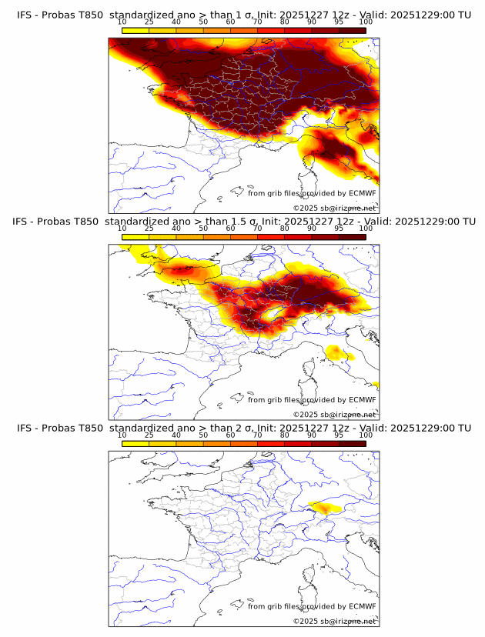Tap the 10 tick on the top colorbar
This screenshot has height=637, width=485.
point(122,22)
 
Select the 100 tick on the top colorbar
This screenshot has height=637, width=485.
point(366,22)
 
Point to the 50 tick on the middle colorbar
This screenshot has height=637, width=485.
point(203,229)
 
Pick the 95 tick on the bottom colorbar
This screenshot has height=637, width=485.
point(339,435)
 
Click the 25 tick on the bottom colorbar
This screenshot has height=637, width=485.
point(149,435)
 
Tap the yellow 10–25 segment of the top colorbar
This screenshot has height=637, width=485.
point(135,30)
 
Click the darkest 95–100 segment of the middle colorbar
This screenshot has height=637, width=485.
point(352,237)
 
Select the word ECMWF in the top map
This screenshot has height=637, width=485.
point(362,193)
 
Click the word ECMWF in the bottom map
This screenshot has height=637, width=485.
point(362,606)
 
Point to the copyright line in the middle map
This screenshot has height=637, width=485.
point(334,415)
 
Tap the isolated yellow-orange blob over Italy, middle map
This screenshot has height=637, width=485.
point(336,352)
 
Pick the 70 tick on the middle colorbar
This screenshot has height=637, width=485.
point(258,229)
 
